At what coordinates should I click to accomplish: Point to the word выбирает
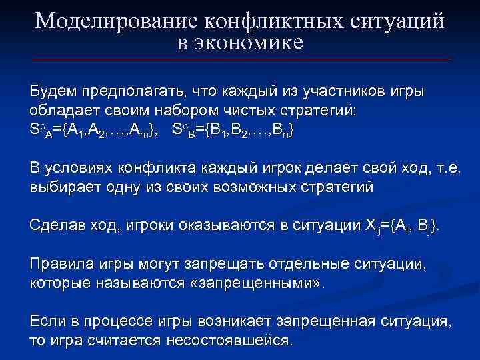pyautogui.click(x=63, y=187)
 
